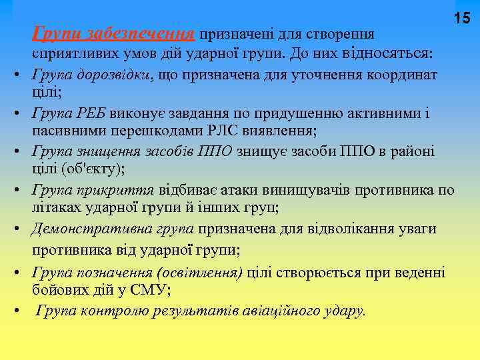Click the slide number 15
[463, 19]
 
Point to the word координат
[403, 74]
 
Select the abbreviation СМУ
[150, 289]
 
